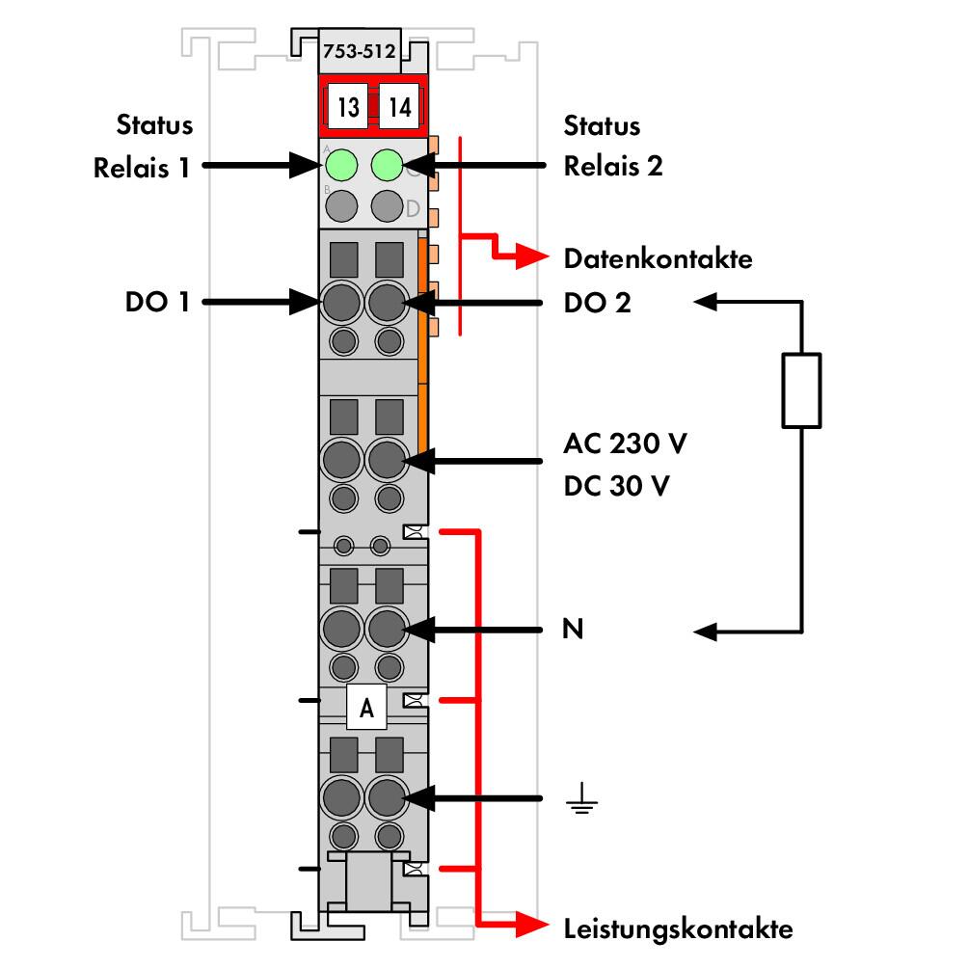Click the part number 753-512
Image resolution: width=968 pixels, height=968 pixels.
[x=359, y=51]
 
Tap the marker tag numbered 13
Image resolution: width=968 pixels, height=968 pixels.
[x=347, y=107]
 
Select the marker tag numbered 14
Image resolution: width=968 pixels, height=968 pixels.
[x=399, y=107]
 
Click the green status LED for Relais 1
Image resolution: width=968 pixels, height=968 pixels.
[x=340, y=165]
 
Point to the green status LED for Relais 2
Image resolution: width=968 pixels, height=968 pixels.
[x=387, y=165]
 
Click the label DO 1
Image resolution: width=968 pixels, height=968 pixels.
[x=157, y=303]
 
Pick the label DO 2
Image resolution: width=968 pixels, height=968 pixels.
[x=597, y=303]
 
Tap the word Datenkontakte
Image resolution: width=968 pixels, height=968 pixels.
[x=659, y=258]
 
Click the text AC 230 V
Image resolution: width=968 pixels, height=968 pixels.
[x=625, y=444]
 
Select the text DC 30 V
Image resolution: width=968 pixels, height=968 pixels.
[x=616, y=486]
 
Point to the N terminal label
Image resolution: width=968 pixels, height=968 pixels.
[x=573, y=629]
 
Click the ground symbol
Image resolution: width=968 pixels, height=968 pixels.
[x=581, y=798]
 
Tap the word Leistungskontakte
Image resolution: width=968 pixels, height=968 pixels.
[x=678, y=928]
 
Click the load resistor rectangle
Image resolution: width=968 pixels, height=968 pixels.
[x=801, y=390]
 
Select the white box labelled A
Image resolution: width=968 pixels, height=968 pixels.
[x=366, y=707]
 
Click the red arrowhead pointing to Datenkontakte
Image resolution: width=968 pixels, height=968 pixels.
[x=532, y=256]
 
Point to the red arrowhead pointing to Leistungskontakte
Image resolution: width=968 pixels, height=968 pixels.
[x=532, y=925]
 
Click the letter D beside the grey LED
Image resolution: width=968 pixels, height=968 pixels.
[x=413, y=208]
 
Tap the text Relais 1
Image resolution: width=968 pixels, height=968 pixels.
[x=142, y=168]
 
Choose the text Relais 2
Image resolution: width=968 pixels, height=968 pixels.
[x=613, y=166]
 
